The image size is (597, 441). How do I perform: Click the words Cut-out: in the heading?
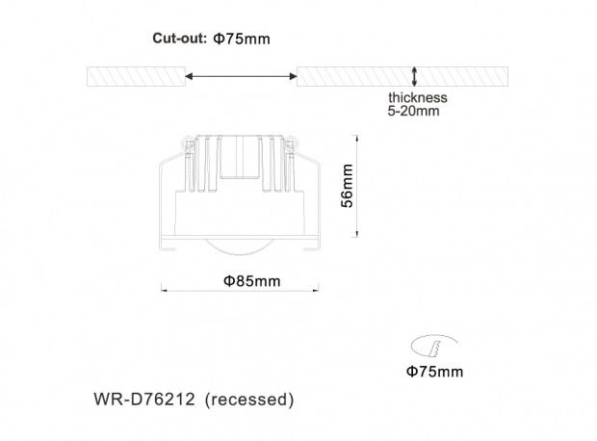click(x=177, y=39)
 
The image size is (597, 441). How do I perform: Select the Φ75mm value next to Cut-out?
click(x=242, y=39)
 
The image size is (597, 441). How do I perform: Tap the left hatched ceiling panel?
click(x=135, y=75)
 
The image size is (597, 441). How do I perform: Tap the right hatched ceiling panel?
click(x=403, y=75)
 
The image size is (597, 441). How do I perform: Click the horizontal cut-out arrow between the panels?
click(x=241, y=75)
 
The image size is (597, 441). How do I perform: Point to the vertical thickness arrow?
click(x=415, y=75)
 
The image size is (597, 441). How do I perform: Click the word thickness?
click(x=418, y=98)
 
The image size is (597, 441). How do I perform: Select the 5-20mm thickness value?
click(x=415, y=112)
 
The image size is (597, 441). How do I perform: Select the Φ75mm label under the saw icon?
click(x=434, y=371)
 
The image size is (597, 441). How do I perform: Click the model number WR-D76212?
click(x=147, y=399)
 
